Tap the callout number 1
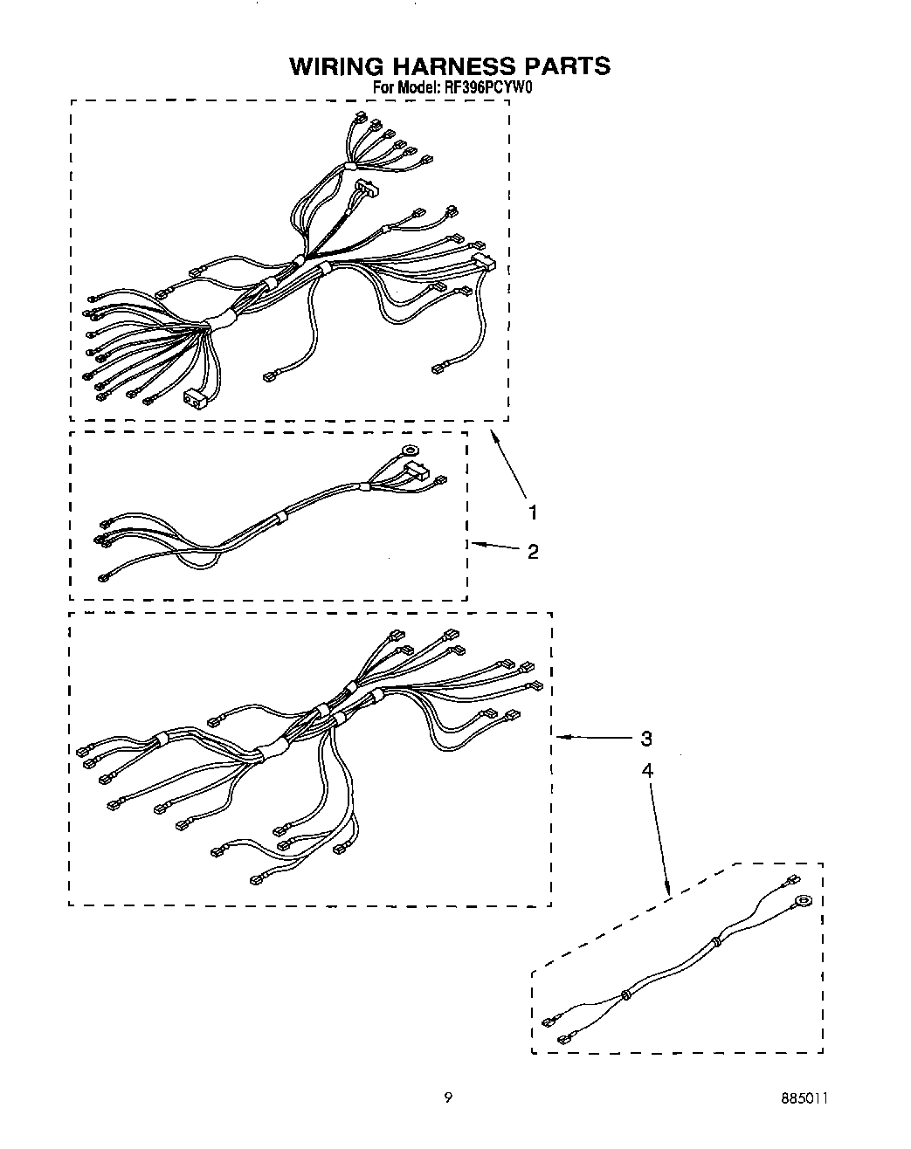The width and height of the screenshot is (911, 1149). pyautogui.click(x=532, y=512)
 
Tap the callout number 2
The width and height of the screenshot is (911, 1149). pyautogui.click(x=533, y=551)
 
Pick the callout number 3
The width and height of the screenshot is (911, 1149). pyautogui.click(x=645, y=739)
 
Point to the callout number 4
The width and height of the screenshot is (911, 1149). pyautogui.click(x=646, y=770)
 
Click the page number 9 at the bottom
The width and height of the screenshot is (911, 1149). pyautogui.click(x=448, y=1097)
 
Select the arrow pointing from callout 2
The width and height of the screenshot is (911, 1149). pyautogui.click(x=494, y=547)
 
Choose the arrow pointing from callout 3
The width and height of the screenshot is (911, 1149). pyautogui.click(x=594, y=739)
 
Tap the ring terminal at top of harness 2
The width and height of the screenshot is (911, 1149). pyautogui.click(x=406, y=451)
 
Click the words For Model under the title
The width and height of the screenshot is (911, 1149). pyautogui.click(x=403, y=87)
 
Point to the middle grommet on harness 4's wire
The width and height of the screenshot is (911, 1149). pyautogui.click(x=625, y=994)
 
